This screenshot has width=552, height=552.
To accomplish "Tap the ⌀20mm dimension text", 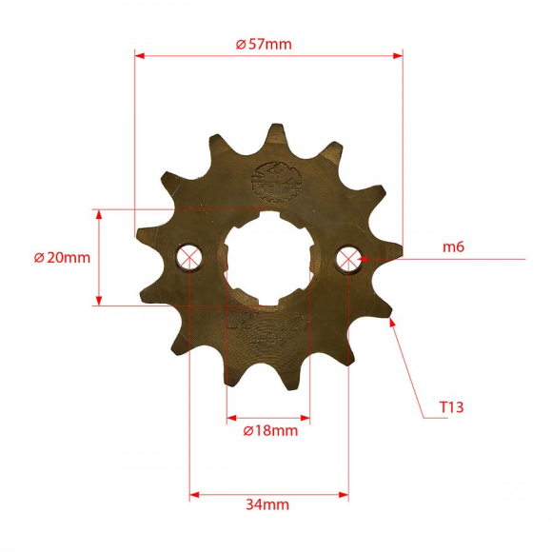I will click(62, 258).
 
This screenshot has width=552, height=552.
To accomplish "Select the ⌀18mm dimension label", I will click(270, 430).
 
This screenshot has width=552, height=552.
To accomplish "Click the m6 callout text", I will click(453, 247).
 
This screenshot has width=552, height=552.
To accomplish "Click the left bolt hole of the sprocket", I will click(190, 257).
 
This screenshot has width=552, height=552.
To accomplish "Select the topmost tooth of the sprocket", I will click(276, 135).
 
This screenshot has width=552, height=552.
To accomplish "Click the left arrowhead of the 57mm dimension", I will click(139, 55).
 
